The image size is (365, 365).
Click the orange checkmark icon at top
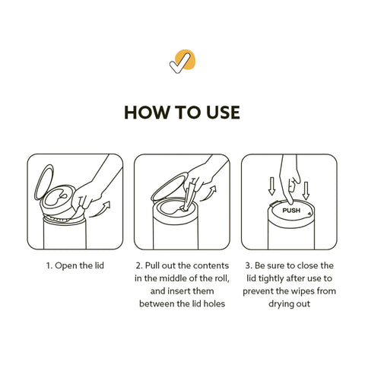click(182, 61)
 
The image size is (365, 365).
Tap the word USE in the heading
click(223, 113)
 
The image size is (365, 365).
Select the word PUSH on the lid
click(291, 211)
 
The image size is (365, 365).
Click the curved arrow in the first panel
click(101, 211)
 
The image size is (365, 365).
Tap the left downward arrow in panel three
click(271, 186)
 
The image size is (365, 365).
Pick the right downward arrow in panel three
click(306, 190)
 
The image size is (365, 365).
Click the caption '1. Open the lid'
click(75, 265)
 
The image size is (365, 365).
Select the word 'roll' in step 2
click(224, 278)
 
